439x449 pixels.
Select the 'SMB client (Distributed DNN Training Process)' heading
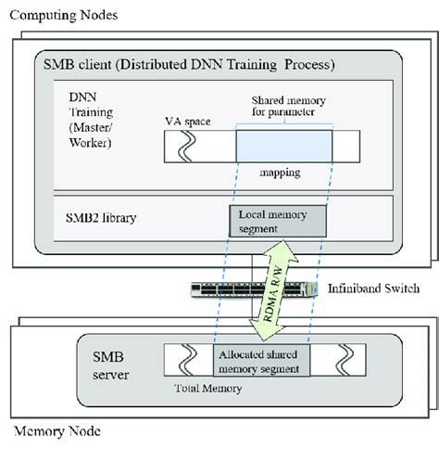point(189,65)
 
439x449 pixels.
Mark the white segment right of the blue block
point(345,145)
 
